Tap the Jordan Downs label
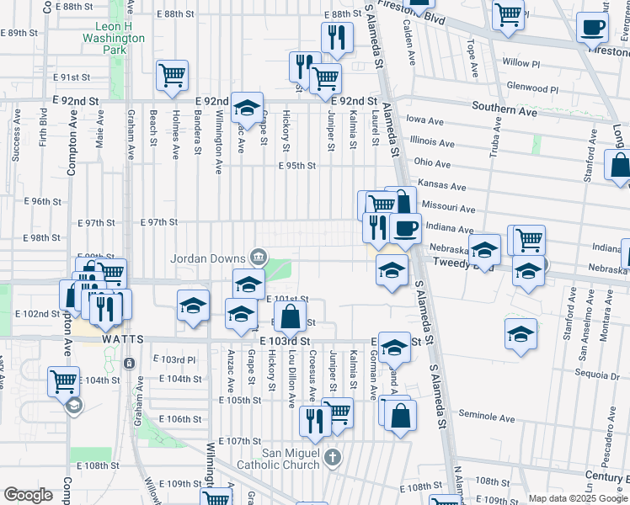[x=208, y=258]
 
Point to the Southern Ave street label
[x=505, y=109]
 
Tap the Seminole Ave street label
[x=487, y=417]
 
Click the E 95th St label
[x=297, y=166]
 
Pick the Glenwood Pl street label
[x=533, y=88]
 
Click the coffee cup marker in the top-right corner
[x=593, y=27]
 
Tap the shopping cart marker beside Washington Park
[x=172, y=75]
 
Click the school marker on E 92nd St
[x=247, y=107]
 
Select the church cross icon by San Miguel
[x=333, y=459]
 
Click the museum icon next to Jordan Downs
[x=258, y=258]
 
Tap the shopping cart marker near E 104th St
[x=64, y=381]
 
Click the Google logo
[x=29, y=496]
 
